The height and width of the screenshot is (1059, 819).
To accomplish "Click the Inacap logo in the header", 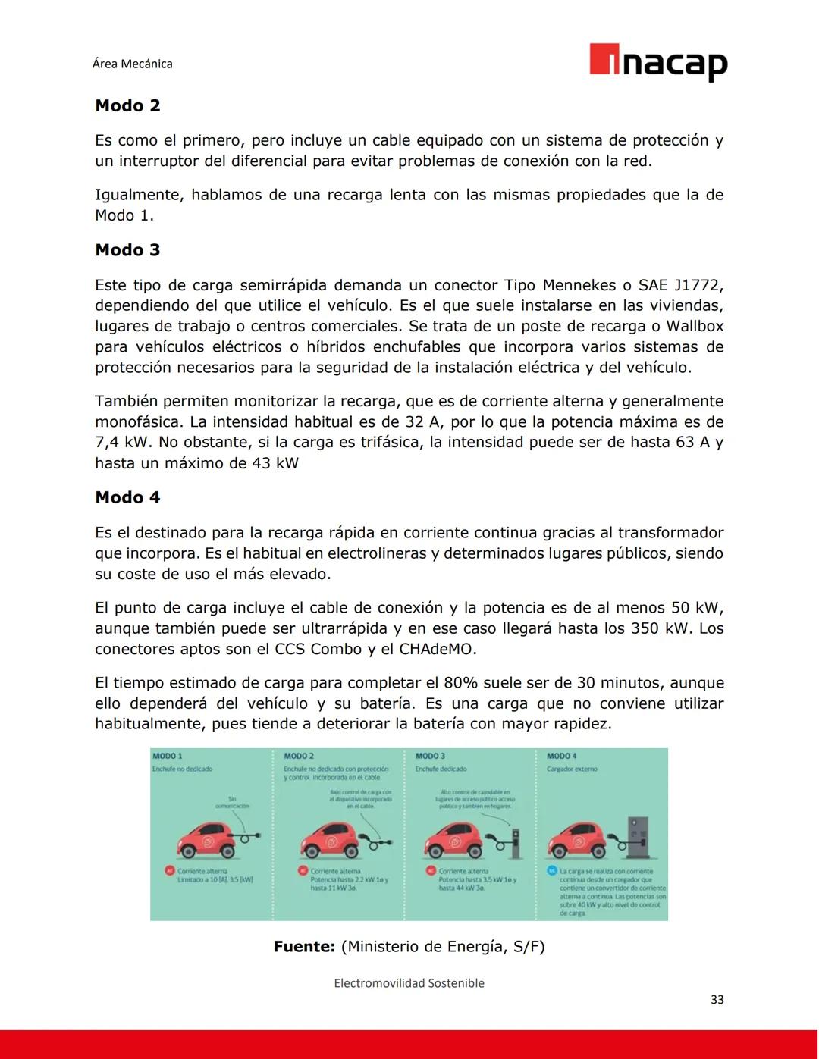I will click(x=658, y=62).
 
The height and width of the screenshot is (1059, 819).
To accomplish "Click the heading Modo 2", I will click(x=127, y=105).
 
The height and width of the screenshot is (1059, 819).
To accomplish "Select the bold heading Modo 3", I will click(x=127, y=250).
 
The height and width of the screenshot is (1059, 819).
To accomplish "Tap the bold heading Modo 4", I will click(x=127, y=497).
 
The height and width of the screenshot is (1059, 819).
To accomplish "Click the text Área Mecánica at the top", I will click(x=132, y=64).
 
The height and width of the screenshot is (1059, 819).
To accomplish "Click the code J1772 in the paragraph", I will click(x=695, y=286).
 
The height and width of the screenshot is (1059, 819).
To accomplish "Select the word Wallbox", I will click(x=695, y=327).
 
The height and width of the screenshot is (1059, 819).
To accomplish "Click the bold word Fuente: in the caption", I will click(x=304, y=947).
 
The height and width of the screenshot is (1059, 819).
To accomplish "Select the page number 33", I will click(x=717, y=1000).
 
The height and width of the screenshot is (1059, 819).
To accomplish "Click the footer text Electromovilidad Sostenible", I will click(x=409, y=983).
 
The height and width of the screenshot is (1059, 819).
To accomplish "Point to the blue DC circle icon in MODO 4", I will click(x=552, y=871).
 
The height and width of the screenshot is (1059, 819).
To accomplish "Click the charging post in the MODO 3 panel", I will click(x=516, y=841).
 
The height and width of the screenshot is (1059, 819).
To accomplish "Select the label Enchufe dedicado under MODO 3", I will click(x=441, y=769).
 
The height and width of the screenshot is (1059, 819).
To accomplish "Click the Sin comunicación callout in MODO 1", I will click(x=232, y=802).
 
